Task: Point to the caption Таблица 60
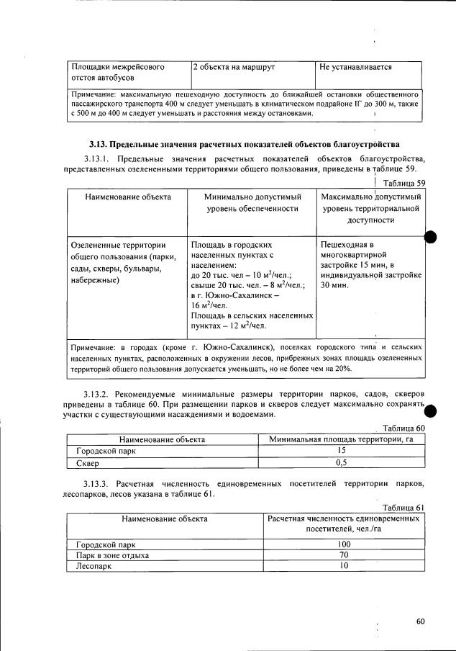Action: tap(404, 428)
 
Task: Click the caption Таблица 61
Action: tap(405, 507)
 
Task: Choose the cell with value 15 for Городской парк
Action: tap(342, 451)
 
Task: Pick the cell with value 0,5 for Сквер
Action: tap(342, 463)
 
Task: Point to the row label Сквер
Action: tap(87, 463)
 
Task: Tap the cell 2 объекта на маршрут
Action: tap(234, 67)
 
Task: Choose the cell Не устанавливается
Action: tap(356, 67)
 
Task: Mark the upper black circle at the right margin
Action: tap(431, 239)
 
